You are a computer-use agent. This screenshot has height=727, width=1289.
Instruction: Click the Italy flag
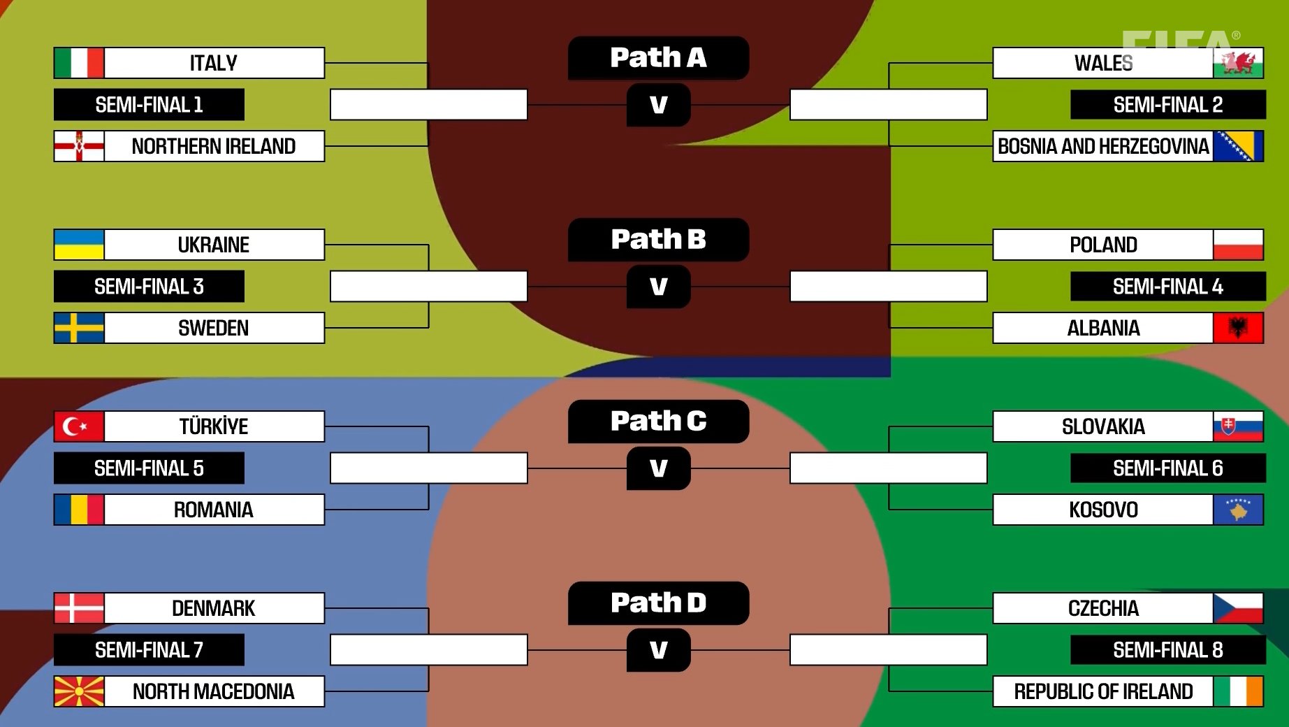[x=79, y=63]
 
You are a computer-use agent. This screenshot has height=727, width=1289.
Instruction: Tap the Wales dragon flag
[x=1238, y=63]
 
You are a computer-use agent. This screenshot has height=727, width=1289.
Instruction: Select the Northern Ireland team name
[x=214, y=146]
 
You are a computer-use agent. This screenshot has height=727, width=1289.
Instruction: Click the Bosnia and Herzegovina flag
[x=1238, y=146]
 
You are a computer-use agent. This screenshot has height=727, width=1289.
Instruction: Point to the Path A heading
[x=658, y=58]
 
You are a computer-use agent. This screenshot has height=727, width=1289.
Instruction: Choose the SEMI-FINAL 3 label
[x=149, y=287]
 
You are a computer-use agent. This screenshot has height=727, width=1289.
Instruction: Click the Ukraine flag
[x=79, y=245]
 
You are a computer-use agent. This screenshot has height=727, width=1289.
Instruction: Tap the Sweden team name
[x=214, y=328]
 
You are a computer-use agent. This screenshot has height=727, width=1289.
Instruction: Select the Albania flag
[x=1238, y=328]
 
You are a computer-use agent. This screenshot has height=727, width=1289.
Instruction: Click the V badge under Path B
[x=658, y=287]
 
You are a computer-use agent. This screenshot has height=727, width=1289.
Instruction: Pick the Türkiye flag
[x=79, y=426]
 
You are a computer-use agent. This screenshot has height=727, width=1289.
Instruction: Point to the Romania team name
[x=214, y=510]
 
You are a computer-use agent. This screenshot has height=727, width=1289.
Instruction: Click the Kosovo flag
[x=1238, y=510]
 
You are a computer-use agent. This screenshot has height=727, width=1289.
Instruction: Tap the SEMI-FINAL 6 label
[x=1167, y=468]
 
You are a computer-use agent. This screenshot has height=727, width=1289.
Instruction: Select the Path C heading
[x=658, y=422]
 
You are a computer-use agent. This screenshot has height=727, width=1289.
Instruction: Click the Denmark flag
[x=79, y=608]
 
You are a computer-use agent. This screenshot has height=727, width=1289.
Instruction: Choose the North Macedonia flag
[x=79, y=691]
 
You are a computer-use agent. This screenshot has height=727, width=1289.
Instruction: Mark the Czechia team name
[x=1103, y=608]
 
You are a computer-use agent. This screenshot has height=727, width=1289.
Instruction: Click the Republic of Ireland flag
[x=1238, y=691]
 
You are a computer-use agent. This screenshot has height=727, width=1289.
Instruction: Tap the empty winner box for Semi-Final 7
[x=428, y=650]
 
